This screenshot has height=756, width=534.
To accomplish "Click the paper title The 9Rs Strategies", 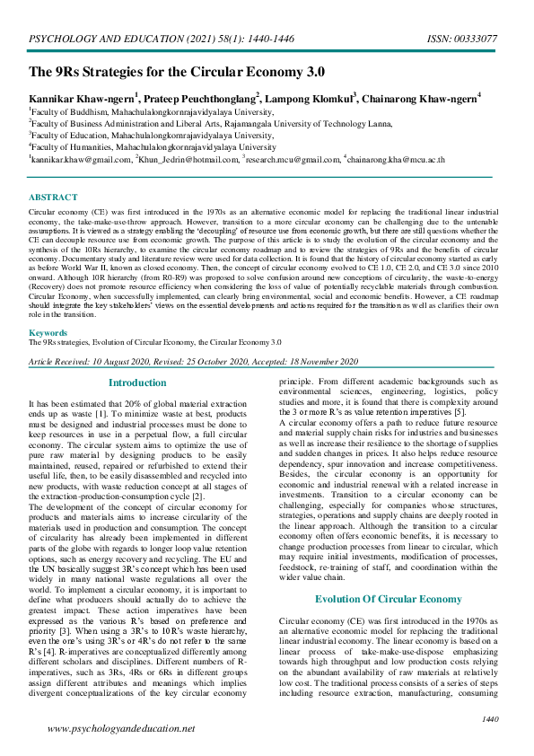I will [177, 72].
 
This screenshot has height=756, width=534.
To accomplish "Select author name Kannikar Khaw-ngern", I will [82, 97].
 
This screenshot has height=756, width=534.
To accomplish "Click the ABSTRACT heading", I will [53, 197].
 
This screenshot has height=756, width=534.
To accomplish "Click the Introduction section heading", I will [137, 383].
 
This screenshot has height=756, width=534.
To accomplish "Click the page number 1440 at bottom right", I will [490, 719].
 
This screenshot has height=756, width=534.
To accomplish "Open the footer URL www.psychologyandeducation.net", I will [120, 729].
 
